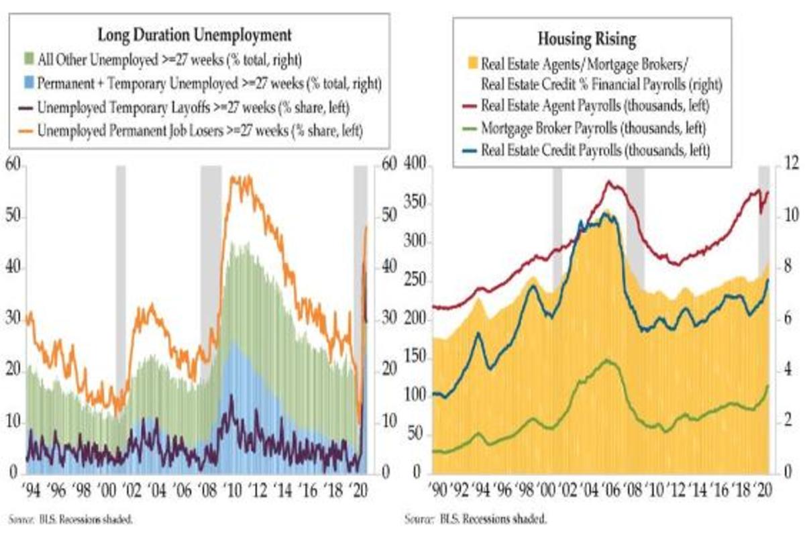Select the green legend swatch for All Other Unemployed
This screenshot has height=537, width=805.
28,60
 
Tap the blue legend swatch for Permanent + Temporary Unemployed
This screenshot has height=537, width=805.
28,83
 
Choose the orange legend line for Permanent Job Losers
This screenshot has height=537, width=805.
28,130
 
